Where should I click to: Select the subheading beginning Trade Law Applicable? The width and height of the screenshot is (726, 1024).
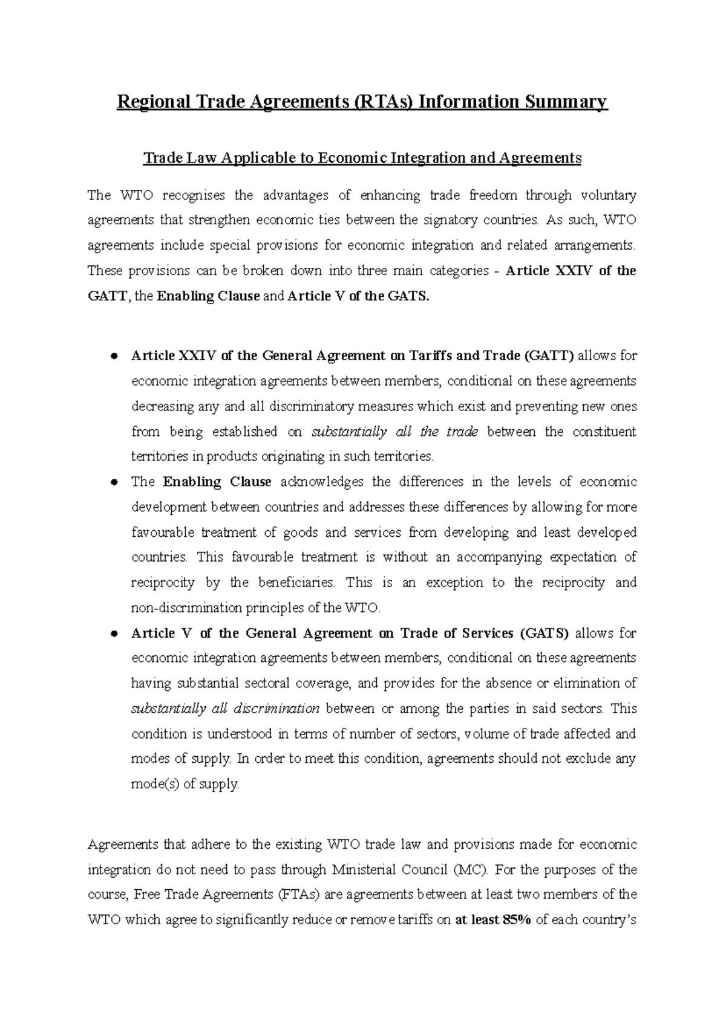pyautogui.click(x=362, y=158)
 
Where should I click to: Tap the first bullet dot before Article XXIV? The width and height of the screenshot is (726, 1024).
pyautogui.click(x=113, y=357)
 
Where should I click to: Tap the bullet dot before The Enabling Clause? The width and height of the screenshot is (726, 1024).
pyautogui.click(x=113, y=483)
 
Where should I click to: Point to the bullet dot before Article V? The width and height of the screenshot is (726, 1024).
pyautogui.click(x=113, y=634)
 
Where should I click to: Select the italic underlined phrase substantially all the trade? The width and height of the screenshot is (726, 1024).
pyautogui.click(x=394, y=432)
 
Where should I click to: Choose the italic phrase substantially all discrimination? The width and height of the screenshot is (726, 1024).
pyautogui.click(x=225, y=708)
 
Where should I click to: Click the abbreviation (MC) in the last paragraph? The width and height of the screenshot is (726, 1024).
pyautogui.click(x=473, y=870)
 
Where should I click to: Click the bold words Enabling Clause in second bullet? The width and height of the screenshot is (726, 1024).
pyautogui.click(x=217, y=482)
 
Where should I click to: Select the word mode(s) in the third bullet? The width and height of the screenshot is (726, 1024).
pyautogui.click(x=155, y=785)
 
